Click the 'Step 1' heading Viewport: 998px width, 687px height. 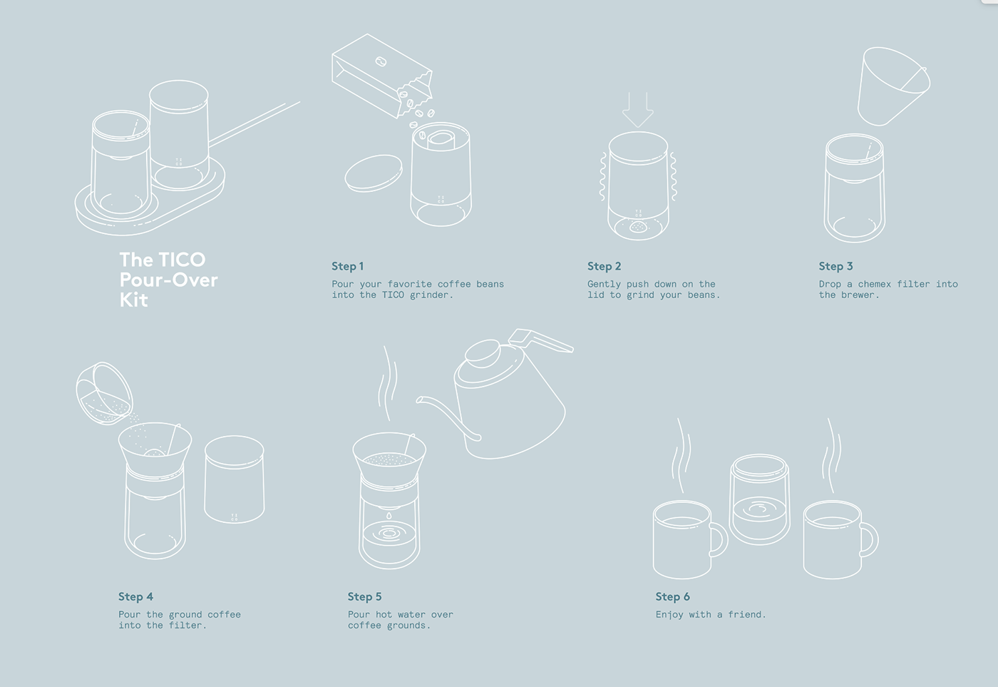(347, 266)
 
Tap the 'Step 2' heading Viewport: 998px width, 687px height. (604, 266)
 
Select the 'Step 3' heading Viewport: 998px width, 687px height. (835, 266)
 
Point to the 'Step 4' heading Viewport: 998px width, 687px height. (135, 596)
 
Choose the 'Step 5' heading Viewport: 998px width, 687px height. (364, 596)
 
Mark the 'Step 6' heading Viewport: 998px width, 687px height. (672, 596)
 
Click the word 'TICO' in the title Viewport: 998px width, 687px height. (182, 260)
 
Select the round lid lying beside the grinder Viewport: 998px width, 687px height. (374, 173)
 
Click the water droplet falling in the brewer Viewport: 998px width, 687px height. (389, 514)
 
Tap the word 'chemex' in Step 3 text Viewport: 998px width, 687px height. (874, 284)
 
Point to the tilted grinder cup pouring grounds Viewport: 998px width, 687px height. (104, 393)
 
